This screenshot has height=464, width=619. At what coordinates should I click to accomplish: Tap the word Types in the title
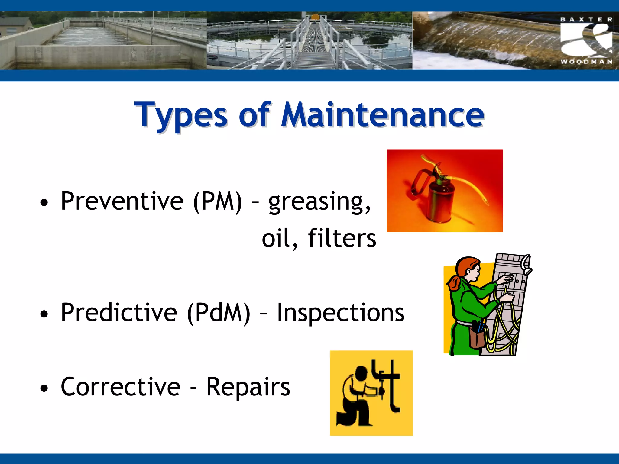(181, 115)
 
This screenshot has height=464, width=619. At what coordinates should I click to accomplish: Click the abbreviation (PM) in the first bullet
(218, 201)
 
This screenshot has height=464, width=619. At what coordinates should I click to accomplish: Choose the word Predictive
(119, 313)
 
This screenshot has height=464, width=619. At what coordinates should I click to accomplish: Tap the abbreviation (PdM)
(219, 313)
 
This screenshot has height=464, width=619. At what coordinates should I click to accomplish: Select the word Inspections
(341, 313)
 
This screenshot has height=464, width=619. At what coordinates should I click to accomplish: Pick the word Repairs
(248, 387)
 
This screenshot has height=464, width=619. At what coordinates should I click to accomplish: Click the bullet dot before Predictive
(44, 314)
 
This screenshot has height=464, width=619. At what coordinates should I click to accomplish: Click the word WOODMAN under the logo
(586, 62)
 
